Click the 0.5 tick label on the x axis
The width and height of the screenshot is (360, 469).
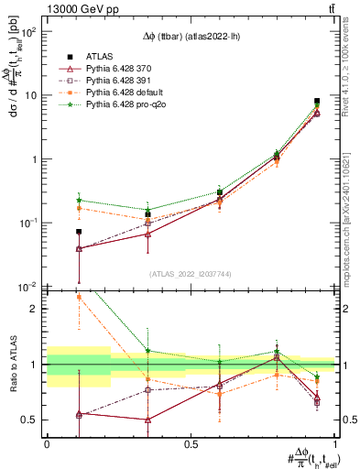pos(191,444)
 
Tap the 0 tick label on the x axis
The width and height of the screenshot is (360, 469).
pos(47,444)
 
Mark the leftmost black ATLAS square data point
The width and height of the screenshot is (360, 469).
pos(79,232)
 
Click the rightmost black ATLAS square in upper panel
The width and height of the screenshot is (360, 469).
pos(317,102)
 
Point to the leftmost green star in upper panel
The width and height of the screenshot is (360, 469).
pos(79,200)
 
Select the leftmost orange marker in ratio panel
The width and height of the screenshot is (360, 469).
pos(79,297)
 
